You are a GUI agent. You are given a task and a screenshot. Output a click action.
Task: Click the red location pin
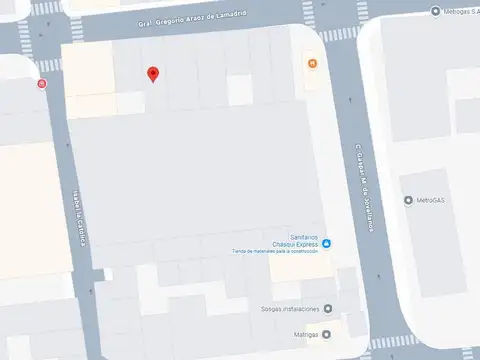pyautogui.click(x=152, y=74)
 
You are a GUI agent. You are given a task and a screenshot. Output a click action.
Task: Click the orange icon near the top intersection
pyautogui.click(x=313, y=65)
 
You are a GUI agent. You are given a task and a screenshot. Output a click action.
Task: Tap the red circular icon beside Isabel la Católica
pyautogui.click(x=41, y=84)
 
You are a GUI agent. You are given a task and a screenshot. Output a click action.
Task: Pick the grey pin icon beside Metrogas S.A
pyautogui.click(x=435, y=11)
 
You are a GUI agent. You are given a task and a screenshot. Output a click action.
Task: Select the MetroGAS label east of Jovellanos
pyautogui.click(x=433, y=200)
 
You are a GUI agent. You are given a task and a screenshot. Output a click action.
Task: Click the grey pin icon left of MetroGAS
pyautogui.click(x=408, y=200)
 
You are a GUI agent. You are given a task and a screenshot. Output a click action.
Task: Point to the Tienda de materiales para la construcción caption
pyautogui.click(x=275, y=252)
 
